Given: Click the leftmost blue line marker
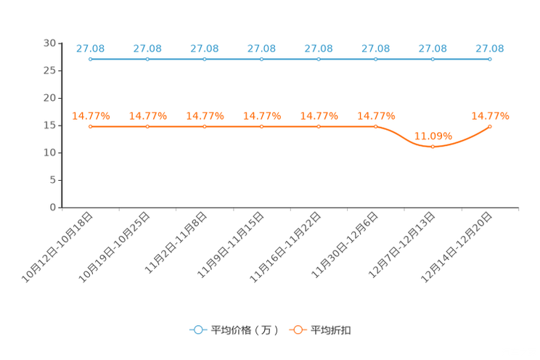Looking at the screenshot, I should coord(90,59).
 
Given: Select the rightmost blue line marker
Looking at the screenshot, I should coord(490,59).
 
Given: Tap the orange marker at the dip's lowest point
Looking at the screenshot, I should coord(433,147).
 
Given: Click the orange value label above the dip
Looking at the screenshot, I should coord(433,135).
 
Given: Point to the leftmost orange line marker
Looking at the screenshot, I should coord(90,126).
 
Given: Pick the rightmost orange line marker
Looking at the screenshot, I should coord(490,126).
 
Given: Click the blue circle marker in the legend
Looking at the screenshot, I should coord(198,330).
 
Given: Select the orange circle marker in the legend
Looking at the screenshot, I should coord(298,330).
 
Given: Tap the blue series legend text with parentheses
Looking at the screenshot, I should coord(245,330).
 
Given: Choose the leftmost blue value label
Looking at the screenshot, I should coord(90,49).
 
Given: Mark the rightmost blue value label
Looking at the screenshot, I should coord(490,49).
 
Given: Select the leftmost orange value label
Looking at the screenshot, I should coord(90,115).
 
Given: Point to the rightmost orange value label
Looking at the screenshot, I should coord(490,115).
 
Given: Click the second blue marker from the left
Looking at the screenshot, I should coord(147,59).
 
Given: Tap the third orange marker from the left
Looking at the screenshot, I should coord(204,126).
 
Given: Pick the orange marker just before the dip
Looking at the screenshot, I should coord(375,126).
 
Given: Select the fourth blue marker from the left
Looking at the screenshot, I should coord(261,59).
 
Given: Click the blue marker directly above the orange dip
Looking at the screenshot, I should coord(433,59).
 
